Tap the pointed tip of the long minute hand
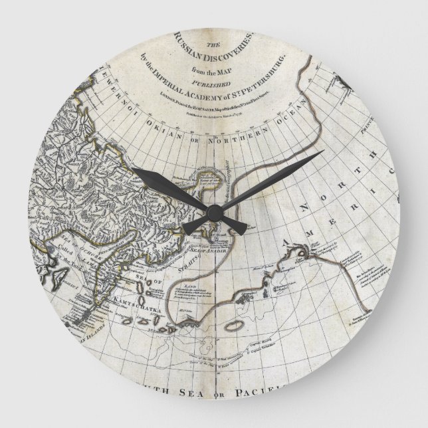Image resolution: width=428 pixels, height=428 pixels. pos(324,151)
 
